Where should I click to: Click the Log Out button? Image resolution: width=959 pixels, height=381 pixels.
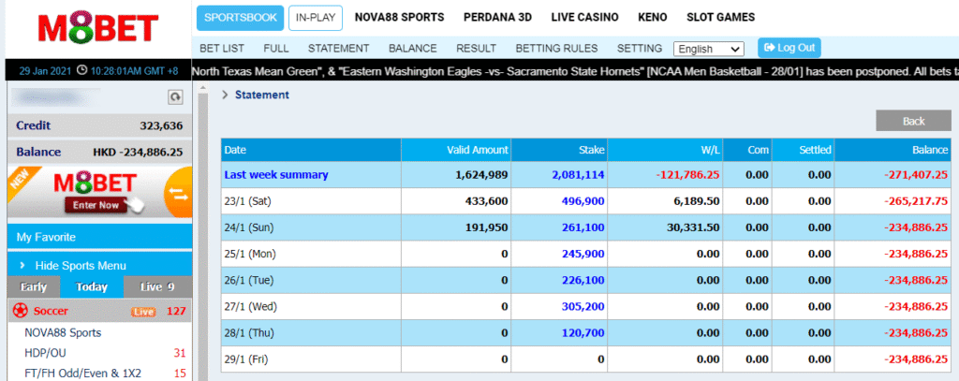click(789, 48)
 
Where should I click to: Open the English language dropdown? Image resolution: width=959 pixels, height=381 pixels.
click(708, 49)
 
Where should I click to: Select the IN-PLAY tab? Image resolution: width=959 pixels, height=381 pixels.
click(316, 18)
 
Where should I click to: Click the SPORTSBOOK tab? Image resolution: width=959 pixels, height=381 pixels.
click(239, 18)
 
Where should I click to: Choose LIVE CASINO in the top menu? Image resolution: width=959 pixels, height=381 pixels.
click(585, 17)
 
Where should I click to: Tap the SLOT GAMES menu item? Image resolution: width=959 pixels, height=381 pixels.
click(720, 17)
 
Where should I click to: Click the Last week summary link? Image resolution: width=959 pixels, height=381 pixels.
click(275, 174)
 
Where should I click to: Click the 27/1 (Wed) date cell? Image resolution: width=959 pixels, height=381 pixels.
click(251, 306)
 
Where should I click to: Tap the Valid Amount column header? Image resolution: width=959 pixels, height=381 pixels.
click(477, 150)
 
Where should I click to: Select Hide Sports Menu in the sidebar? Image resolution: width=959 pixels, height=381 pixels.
click(80, 266)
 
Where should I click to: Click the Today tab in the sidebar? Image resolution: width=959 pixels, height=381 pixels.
click(92, 287)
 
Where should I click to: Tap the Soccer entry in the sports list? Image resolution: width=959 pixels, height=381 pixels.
click(51, 311)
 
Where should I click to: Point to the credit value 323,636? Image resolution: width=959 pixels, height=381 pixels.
click(161, 125)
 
